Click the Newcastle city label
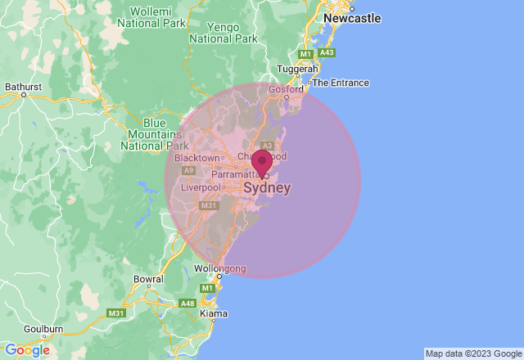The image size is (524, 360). click(353, 17)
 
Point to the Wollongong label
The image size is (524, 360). click(219, 268)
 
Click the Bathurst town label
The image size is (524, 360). click(23, 85)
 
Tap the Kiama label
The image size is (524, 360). click(213, 313)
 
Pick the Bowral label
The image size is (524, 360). click(148, 279)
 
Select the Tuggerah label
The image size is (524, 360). click(297, 70)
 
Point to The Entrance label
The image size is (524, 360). click(341, 83)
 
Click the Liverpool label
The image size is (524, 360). click(201, 187)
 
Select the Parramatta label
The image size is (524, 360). click(235, 174)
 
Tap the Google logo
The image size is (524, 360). click(27, 350)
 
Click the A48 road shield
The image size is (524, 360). click(188, 304)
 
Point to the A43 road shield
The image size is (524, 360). click(327, 52)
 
